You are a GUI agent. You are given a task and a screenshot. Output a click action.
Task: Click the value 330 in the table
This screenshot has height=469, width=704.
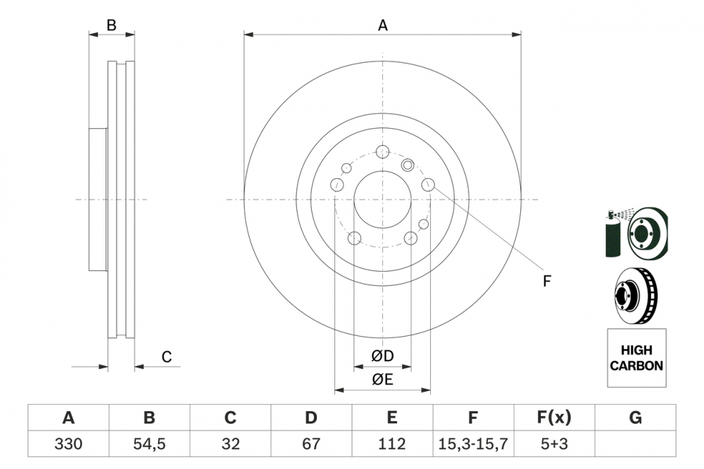[68, 444]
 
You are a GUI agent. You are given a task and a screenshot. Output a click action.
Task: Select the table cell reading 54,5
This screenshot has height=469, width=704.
[149, 444]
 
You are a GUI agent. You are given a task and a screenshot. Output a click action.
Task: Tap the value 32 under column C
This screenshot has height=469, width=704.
[230, 444]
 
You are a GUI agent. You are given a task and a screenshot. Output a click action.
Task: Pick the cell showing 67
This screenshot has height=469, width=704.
[311, 444]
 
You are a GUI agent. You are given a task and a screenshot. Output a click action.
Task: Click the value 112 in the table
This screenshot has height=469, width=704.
[392, 444]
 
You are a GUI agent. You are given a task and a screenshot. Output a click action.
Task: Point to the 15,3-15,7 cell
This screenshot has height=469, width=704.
[473, 444]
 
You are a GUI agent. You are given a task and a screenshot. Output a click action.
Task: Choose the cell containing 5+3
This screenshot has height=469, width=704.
[554, 444]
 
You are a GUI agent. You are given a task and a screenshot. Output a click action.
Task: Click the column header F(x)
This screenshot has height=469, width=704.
[554, 418]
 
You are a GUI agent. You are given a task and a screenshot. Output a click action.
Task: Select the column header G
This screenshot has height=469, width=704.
[635, 418]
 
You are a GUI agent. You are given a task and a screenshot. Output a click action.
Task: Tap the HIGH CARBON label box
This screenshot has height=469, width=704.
[636, 358]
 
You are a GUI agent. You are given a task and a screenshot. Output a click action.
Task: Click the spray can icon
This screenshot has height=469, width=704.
[614, 234]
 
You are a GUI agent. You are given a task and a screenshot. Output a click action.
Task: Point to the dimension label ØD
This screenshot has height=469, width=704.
[382, 356]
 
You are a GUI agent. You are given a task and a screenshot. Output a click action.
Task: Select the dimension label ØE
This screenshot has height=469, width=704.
[382, 380]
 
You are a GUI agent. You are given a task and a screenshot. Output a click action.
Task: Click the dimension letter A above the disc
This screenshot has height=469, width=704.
[382, 25]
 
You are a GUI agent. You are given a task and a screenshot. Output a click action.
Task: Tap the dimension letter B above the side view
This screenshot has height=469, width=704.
[111, 25]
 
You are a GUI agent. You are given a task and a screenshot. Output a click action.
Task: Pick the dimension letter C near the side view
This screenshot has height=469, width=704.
[166, 357]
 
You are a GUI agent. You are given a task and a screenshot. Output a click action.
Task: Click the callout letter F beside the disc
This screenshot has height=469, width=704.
[546, 281]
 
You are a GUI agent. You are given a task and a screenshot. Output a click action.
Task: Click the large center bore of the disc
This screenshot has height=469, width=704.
[382, 199]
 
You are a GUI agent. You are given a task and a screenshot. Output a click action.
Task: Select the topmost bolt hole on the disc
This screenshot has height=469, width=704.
[382, 151]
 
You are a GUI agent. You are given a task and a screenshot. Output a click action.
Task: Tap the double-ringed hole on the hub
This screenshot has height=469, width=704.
[408, 165]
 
